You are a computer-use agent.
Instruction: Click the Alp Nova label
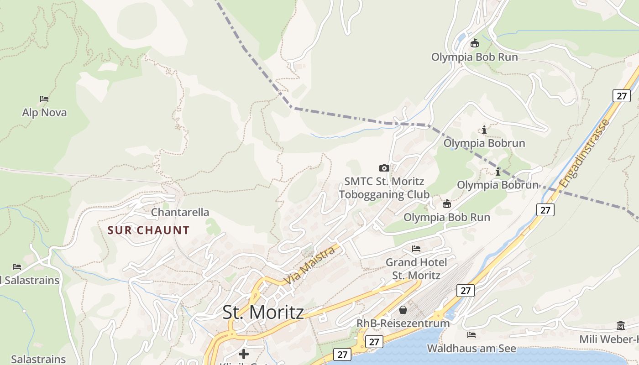click(x=44, y=112)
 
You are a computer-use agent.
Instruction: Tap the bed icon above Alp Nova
click(x=44, y=99)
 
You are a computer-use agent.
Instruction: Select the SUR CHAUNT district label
click(x=148, y=230)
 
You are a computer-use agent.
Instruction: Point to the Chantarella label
click(x=180, y=212)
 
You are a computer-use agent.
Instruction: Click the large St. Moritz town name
click(x=263, y=313)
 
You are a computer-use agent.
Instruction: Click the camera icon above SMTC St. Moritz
click(x=384, y=168)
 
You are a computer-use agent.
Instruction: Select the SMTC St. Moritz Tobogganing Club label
click(x=384, y=188)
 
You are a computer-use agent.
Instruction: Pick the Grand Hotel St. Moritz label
click(x=416, y=269)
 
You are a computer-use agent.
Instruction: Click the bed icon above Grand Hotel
click(x=416, y=249)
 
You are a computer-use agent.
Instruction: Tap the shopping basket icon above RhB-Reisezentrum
click(x=403, y=310)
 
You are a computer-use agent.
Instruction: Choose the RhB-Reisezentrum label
click(x=403, y=323)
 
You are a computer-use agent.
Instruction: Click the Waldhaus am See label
click(x=471, y=349)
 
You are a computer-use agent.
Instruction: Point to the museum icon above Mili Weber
click(x=621, y=326)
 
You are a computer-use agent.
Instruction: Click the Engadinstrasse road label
click(x=585, y=154)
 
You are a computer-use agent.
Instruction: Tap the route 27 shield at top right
click(x=621, y=96)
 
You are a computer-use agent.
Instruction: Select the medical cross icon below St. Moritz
click(x=244, y=354)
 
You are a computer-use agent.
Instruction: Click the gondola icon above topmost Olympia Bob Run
click(x=475, y=44)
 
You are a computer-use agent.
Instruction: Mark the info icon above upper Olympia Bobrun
click(x=484, y=130)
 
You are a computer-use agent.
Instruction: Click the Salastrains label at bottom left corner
click(x=38, y=359)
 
